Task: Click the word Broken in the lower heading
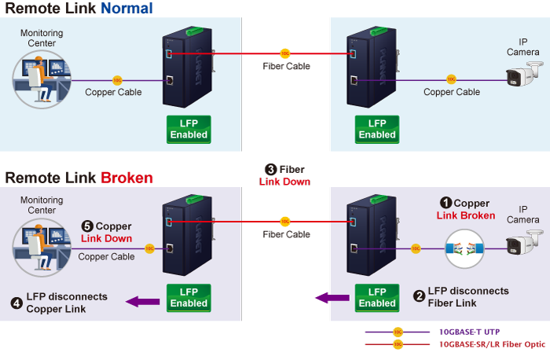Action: pos(126,178)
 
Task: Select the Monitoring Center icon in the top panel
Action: pos(41,79)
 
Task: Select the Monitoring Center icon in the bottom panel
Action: pos(41,248)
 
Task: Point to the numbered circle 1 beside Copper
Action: pos(445,203)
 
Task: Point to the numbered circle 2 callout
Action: pos(420,296)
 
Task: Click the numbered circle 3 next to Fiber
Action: pos(271,169)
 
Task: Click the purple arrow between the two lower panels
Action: pos(332,297)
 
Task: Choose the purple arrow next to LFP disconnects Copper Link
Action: pos(144,300)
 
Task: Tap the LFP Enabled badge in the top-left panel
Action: pos(189,129)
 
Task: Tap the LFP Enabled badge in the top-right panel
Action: pos(377,129)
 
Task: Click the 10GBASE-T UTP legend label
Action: pos(468,332)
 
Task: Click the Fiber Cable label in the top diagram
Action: pos(286,66)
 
